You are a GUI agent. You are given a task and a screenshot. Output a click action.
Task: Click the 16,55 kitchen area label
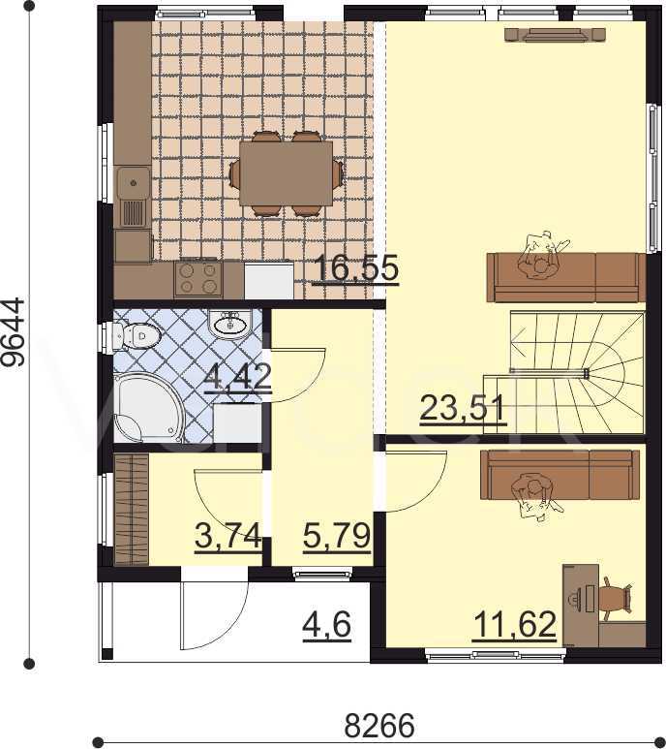pyautogui.click(x=355, y=268)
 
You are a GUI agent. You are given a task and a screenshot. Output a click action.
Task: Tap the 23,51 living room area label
pyautogui.click(x=462, y=409)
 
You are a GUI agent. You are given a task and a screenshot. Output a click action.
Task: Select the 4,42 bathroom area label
pyautogui.click(x=237, y=377)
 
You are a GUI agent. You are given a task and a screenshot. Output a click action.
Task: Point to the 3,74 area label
pyautogui.click(x=228, y=536)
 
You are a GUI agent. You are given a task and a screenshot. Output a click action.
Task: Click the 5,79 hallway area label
pyautogui.click(x=337, y=536)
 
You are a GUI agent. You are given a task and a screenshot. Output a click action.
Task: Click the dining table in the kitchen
pyautogui.click(x=286, y=173)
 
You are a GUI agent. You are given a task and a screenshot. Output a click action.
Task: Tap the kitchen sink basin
pyautogui.click(x=134, y=182)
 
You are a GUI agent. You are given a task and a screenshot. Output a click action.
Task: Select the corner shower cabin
pyautogui.click(x=148, y=408)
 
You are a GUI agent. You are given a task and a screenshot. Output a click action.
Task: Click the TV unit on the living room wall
pyautogui.click(x=556, y=35)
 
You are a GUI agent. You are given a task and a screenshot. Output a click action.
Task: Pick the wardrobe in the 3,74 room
pyautogui.click(x=132, y=509)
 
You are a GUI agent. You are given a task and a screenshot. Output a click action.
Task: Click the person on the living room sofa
pyautogui.click(x=541, y=259)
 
